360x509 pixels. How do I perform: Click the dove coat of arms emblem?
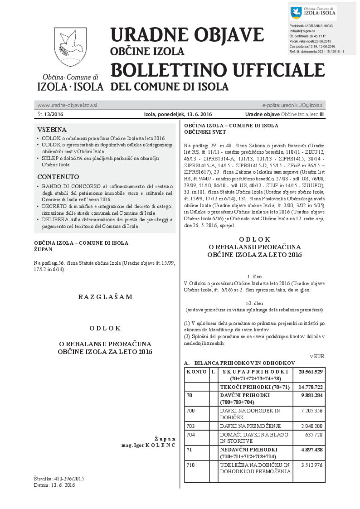pos(70,47)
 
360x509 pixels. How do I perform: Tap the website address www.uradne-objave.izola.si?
pos(67,105)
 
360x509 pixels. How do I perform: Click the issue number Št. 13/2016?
pos(50,114)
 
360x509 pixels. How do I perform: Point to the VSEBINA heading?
pos(52,129)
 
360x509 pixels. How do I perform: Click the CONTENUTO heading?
pos(58,177)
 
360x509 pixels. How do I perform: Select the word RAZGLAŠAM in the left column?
pos(105,297)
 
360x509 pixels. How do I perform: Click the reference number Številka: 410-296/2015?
pos(59,479)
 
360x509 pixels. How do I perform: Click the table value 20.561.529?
pos(310,372)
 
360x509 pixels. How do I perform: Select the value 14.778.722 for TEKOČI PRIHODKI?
pos(310,387)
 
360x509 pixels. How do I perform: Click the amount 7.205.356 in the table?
pos(310,411)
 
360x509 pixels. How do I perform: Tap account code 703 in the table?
pos(191,426)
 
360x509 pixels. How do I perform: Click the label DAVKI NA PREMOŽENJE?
pos(250,426)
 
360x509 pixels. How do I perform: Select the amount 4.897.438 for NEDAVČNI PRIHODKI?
pos(310,450)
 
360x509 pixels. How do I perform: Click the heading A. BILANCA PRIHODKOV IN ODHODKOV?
pos(239,363)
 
